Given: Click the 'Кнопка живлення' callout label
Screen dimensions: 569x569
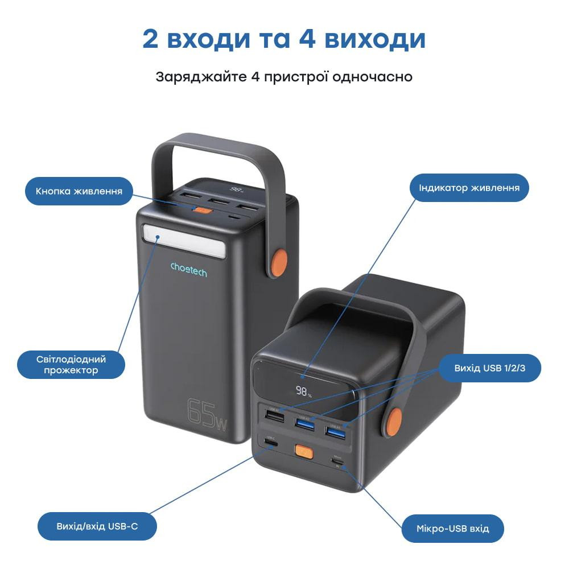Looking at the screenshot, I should [79, 191].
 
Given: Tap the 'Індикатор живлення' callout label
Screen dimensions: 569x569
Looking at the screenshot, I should [469, 188].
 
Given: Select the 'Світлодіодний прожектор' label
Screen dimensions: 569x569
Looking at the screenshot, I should [71, 365].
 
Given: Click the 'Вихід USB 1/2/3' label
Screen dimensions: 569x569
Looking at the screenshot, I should [489, 368].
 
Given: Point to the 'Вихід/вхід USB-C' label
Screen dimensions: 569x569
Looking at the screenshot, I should [97, 526].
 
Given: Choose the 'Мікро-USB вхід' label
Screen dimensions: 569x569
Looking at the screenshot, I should [453, 529].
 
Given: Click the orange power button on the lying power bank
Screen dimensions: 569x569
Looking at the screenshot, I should [303, 453].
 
